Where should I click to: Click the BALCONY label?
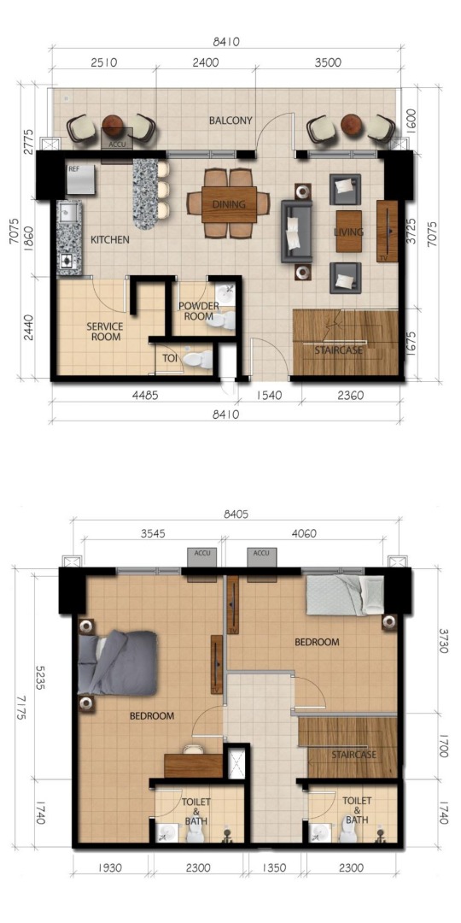230,121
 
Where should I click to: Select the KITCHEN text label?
110,240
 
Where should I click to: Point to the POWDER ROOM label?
198,311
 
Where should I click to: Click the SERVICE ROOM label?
105,332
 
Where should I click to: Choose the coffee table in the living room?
348,231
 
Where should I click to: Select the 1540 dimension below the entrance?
270,396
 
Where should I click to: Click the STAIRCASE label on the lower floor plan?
353,755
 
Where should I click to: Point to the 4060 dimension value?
303,532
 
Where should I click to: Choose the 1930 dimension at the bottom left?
110,868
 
